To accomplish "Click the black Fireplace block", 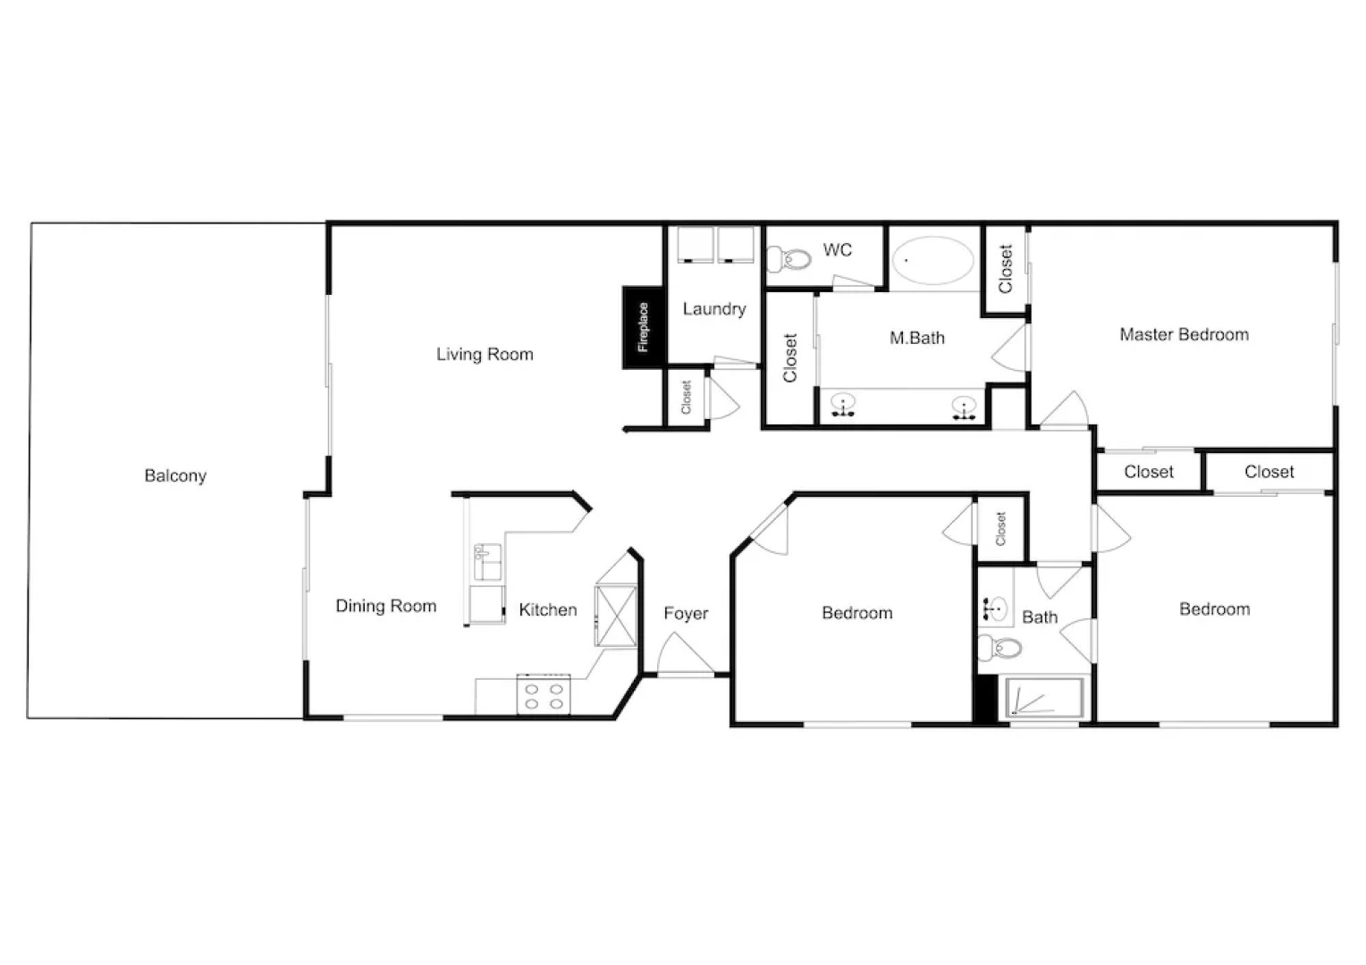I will click(642, 327).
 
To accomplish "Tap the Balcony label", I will click(175, 475).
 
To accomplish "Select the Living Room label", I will click(485, 354).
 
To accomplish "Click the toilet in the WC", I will click(791, 259).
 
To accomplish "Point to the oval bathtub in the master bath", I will click(933, 261).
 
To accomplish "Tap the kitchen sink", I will click(487, 563).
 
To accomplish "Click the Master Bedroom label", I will click(1184, 334).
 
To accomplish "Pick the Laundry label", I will click(713, 309).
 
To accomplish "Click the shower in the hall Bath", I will click(1044, 698).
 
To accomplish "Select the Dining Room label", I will click(385, 606).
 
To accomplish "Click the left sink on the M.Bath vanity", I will click(842, 407).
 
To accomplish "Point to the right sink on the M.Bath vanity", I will click(963, 407).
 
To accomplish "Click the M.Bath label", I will click(916, 338).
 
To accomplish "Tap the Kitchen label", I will click(547, 609).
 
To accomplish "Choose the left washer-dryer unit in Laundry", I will click(694, 245).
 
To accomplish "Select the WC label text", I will click(837, 250).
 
